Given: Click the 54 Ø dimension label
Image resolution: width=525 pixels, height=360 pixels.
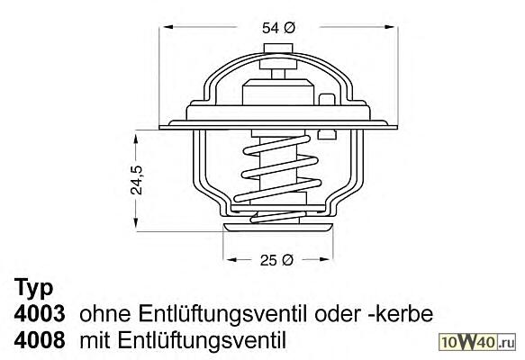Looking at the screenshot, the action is coord(278,28).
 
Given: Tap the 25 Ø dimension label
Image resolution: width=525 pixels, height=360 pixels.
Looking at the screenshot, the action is coord(276,260).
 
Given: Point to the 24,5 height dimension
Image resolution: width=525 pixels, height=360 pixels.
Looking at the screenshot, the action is coord(136,180).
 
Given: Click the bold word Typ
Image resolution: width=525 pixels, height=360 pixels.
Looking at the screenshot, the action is coord(34,288).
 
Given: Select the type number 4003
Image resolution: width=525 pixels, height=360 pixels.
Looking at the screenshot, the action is coord(40,314).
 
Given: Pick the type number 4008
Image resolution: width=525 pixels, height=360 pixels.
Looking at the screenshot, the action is coord(40,340).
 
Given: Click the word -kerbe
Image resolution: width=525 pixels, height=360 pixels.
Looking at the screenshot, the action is coord(400,314).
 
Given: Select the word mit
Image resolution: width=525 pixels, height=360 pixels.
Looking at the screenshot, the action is coord(95,340).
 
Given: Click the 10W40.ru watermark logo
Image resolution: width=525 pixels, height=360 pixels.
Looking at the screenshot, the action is coord(477,342).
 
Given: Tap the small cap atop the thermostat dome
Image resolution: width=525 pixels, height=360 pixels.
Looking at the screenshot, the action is coord(278,49).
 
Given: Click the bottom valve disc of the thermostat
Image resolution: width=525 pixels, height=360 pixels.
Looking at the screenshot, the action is coord(278,228).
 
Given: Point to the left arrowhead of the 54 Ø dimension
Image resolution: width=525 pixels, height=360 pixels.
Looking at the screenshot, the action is coord(167,27).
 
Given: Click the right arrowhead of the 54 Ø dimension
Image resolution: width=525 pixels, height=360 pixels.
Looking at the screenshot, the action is coord(390,27).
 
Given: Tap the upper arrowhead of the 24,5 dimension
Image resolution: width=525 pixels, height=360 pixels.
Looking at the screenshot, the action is coord(136,139).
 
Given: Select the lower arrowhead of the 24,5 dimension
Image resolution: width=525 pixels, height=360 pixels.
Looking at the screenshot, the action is coord(136,222).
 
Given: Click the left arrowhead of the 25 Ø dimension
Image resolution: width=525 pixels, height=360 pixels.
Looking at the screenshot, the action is coord(231,259).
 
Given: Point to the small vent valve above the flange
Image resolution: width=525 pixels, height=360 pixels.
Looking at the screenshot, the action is coord(327,100).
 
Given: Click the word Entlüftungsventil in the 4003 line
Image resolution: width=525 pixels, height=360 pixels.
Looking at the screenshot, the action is coord(222,314).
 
